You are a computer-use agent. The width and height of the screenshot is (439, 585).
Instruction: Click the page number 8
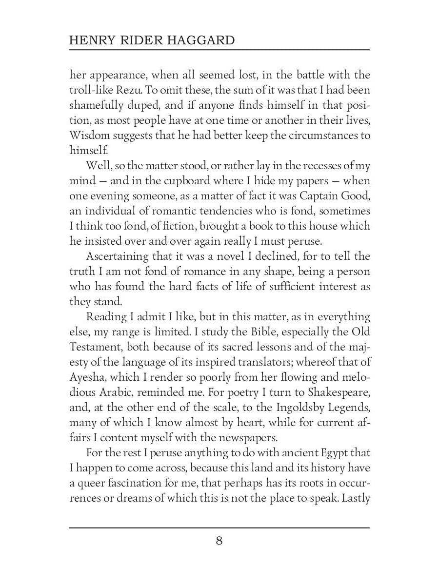coord(219,541)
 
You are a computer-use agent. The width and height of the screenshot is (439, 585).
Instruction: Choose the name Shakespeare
coord(336,392)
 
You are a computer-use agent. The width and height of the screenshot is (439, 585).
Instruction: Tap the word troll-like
coord(87,90)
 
